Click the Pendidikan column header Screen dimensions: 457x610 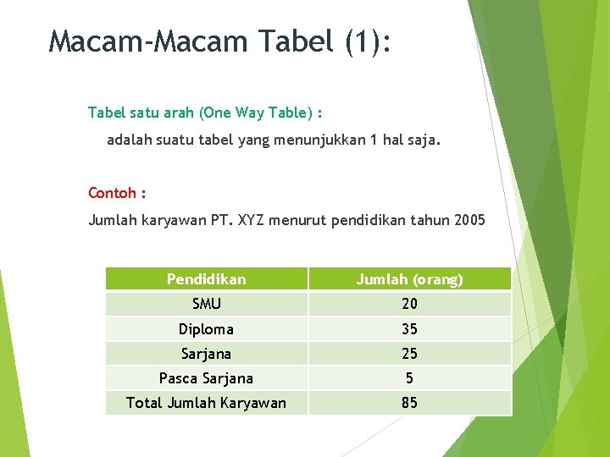click(x=206, y=279)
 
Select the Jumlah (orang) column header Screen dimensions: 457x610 click(x=409, y=279)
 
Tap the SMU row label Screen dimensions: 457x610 click(x=206, y=304)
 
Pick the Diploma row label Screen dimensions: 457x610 click(x=206, y=329)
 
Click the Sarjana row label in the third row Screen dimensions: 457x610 click(x=206, y=354)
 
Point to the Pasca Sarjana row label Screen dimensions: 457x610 click(x=206, y=378)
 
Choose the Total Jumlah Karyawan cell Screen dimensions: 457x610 click(x=206, y=403)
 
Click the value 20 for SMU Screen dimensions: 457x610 click(x=409, y=304)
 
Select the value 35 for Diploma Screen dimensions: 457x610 click(x=409, y=329)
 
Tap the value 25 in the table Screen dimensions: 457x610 click(x=409, y=354)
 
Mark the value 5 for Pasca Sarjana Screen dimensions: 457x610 click(x=409, y=378)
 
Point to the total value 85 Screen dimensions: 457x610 click(x=409, y=403)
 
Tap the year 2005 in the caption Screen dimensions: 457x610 click(x=469, y=221)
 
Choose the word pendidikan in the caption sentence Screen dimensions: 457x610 click(x=371, y=221)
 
